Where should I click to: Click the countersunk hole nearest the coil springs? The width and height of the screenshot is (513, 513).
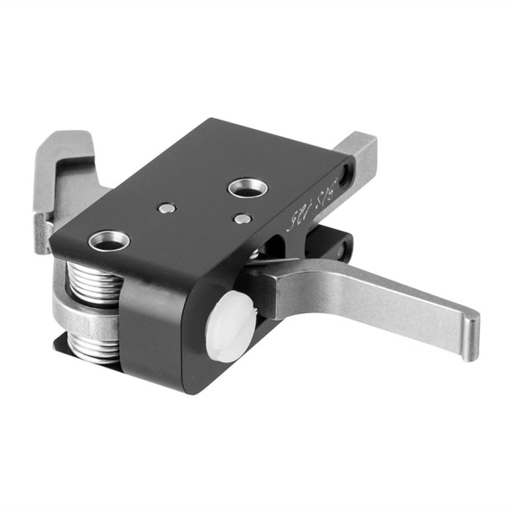tap(109, 240)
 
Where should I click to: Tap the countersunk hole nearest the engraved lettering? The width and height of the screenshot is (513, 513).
tap(248, 188)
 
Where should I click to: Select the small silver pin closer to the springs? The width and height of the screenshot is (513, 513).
tap(167, 208)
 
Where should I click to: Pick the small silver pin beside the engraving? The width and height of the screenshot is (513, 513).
tap(243, 218)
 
